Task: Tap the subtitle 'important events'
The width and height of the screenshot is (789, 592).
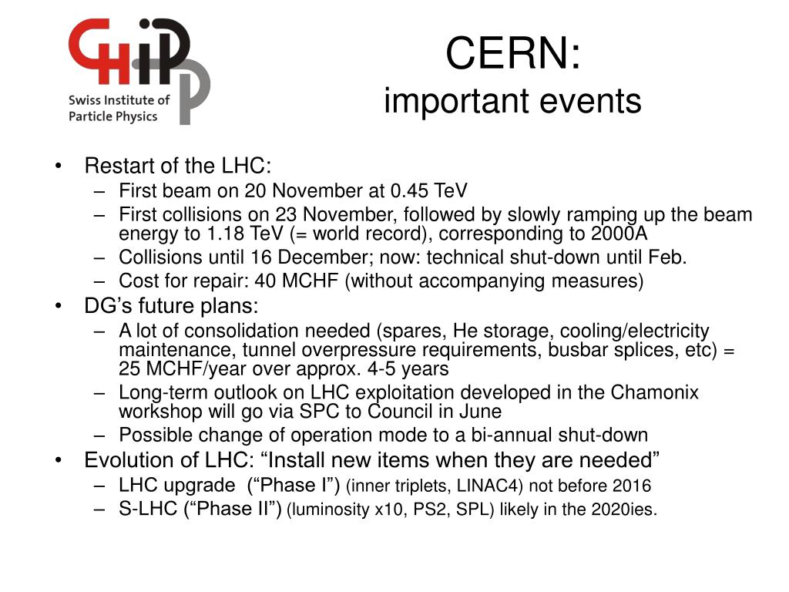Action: coord(512,101)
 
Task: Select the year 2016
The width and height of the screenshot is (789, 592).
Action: coord(633,486)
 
